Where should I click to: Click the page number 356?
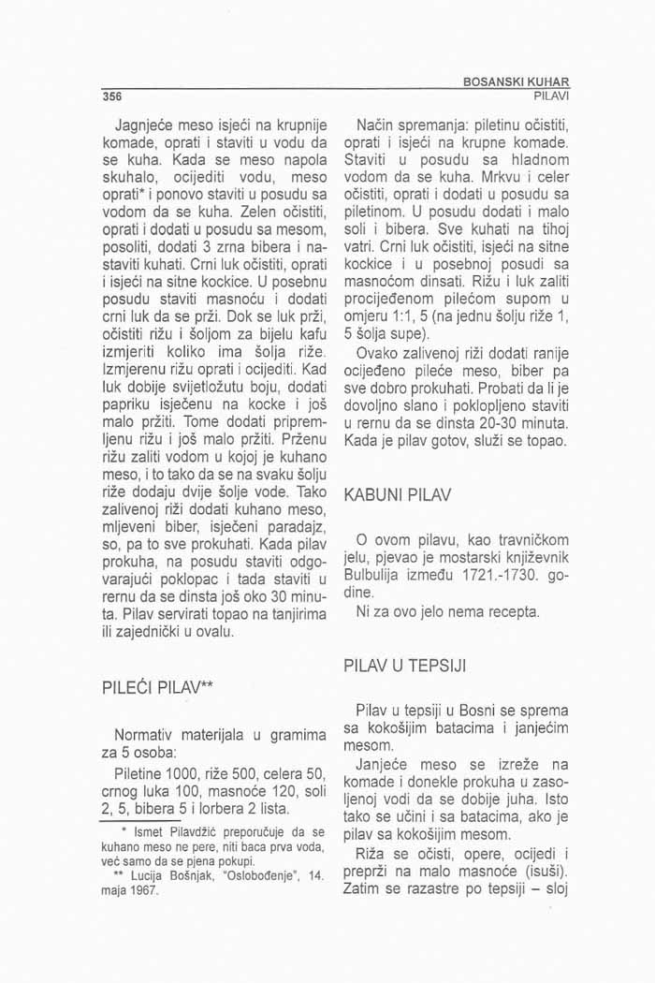point(114,96)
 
